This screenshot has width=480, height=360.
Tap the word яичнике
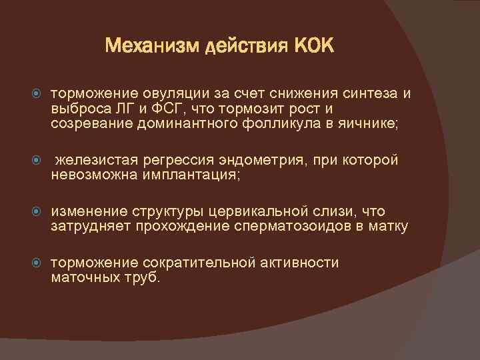coord(373,124)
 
